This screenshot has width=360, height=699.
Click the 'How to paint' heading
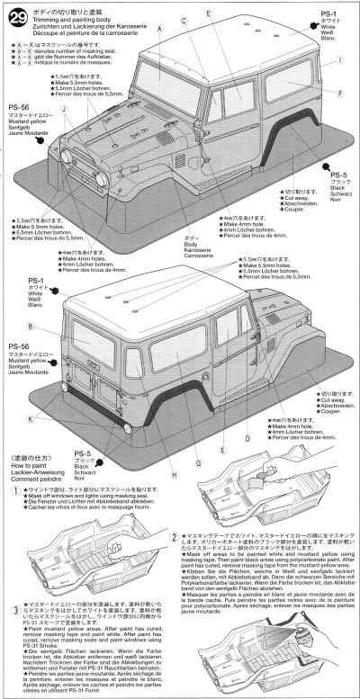point(32,444)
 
